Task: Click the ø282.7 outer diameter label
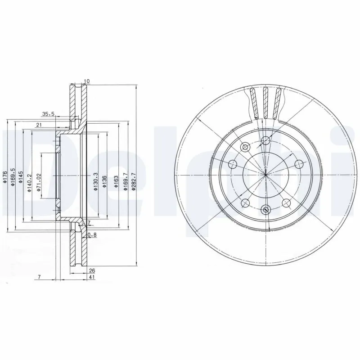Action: click(133, 180)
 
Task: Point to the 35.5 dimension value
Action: click(48, 114)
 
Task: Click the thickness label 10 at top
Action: click(87, 81)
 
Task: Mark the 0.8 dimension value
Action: click(92, 234)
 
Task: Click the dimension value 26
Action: click(92, 270)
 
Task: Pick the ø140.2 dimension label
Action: click(29, 183)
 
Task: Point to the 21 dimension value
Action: click(39, 125)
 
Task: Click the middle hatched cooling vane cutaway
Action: click(265, 103)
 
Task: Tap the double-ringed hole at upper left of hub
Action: click(246, 147)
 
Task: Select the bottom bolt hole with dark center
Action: click(265, 209)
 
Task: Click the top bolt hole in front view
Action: click(265, 140)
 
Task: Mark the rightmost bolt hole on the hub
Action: click(298, 164)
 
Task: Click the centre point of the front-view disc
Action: click(265, 175)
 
